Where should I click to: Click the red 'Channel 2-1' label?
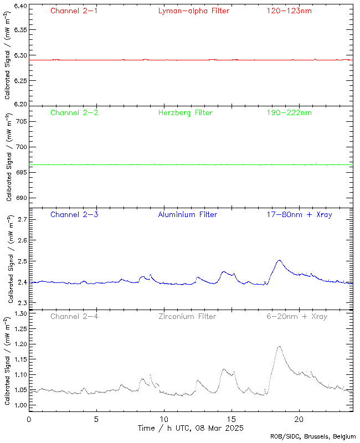74,11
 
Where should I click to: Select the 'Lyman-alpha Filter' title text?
193,11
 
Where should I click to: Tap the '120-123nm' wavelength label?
289,11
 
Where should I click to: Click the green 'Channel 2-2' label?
74,113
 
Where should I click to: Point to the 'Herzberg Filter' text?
185,113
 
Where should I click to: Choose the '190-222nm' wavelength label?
289,113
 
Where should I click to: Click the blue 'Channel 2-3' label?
74,214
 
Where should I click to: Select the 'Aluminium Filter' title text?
187,214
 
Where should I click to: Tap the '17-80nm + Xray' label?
299,214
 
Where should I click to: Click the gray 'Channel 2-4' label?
74,317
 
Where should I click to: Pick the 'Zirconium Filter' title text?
187,317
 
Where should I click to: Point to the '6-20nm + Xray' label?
296,317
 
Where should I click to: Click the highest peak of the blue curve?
279,260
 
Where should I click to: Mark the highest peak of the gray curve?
279,347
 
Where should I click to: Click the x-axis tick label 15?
232,420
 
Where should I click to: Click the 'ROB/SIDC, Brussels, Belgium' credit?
313,437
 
